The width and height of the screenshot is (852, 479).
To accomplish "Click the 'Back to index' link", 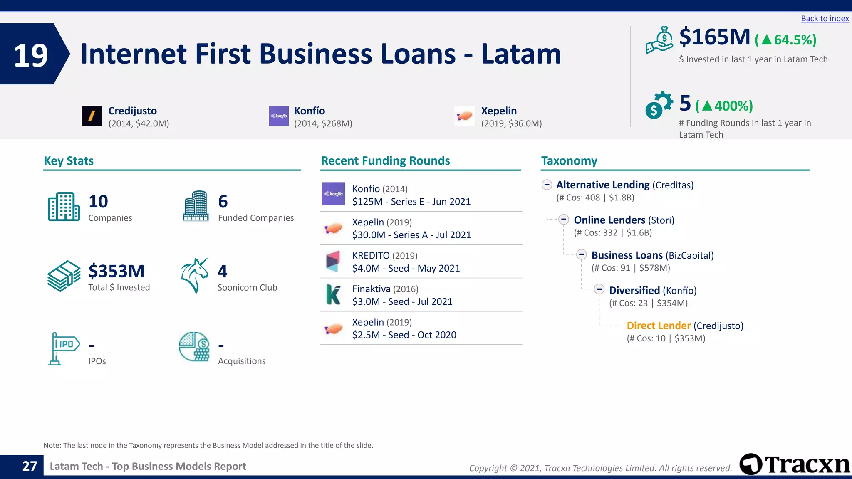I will (x=825, y=19).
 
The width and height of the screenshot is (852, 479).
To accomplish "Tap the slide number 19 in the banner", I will (x=31, y=55).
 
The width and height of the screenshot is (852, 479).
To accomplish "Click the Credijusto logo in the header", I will (x=92, y=116).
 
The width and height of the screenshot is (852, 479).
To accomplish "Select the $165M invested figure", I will (x=714, y=37).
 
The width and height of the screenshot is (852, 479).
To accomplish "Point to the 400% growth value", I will (x=733, y=106).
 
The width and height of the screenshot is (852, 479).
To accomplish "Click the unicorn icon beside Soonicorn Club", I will (x=195, y=275).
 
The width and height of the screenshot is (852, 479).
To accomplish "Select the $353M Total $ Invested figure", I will (x=116, y=271).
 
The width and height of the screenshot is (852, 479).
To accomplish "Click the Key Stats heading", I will (x=69, y=161).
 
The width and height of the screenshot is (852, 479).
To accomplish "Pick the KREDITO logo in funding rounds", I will (x=333, y=261).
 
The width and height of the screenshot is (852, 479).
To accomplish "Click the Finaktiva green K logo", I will (x=333, y=294).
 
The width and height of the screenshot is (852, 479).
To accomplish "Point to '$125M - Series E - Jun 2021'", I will (x=411, y=202).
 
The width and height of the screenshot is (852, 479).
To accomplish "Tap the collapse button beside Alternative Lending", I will (x=547, y=185).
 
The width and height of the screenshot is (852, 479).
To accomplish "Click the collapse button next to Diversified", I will (x=599, y=289).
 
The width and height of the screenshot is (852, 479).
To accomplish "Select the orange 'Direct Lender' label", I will (x=658, y=326).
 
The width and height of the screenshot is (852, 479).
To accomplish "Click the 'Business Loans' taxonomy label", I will (x=627, y=255).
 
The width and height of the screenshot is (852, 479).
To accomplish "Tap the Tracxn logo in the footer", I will (x=795, y=464).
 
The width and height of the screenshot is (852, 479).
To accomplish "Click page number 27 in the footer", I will (x=30, y=466).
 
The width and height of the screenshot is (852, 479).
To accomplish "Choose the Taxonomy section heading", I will (x=569, y=161).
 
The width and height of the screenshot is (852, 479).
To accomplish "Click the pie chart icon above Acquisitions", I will (x=194, y=346).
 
